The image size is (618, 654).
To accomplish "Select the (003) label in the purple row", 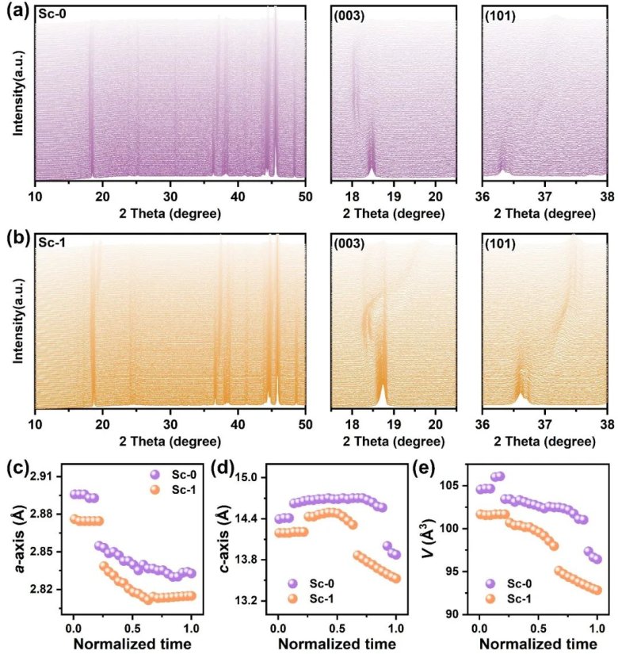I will (x=350, y=16).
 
